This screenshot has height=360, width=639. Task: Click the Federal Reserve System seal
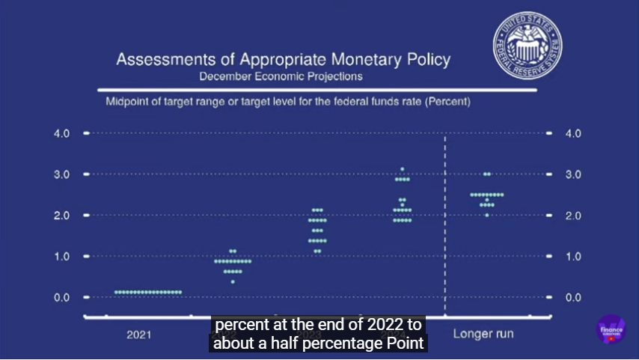528,46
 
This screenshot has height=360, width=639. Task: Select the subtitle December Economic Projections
281,76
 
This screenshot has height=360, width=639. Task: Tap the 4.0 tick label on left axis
61,133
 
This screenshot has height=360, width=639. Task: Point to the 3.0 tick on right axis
573,174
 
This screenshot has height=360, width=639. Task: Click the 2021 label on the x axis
138,334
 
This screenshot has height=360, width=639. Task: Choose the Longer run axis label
483,334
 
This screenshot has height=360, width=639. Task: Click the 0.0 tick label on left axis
61,297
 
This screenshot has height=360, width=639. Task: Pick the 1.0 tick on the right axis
573,256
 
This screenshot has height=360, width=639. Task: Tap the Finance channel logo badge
611,329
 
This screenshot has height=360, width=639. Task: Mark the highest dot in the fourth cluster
402,169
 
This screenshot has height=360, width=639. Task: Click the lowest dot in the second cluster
233,281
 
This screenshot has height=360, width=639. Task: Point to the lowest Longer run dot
486,215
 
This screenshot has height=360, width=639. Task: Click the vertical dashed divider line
446,225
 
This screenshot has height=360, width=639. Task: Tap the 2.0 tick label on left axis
61,216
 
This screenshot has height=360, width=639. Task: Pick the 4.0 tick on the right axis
573,133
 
